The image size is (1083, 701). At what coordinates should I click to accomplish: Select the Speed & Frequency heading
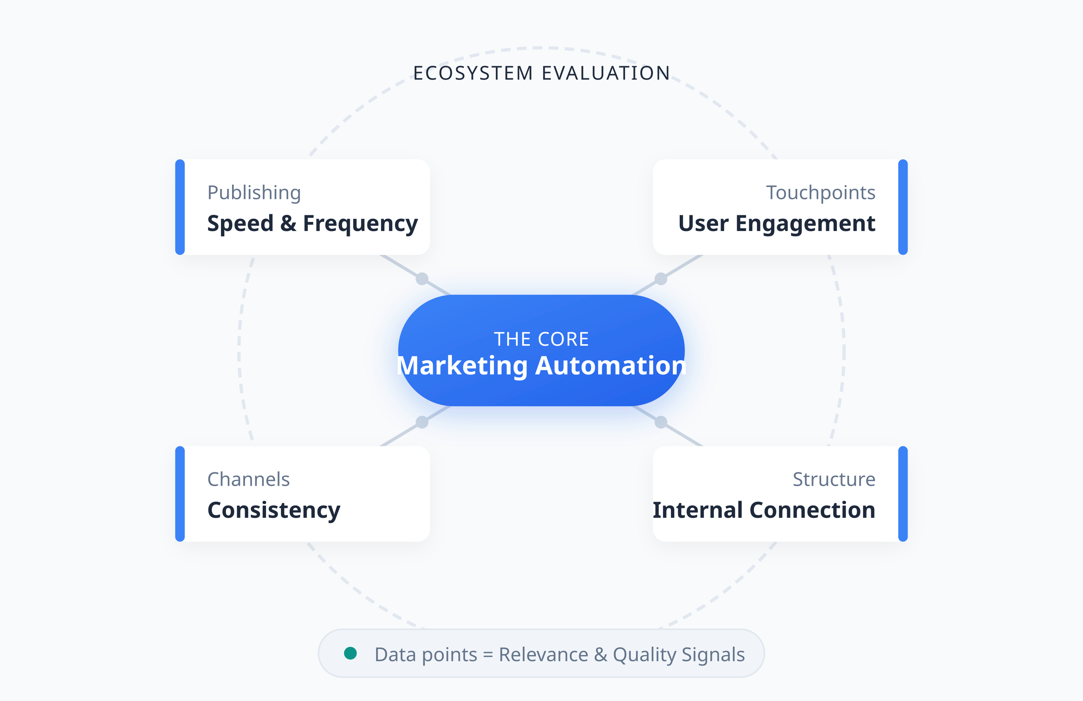click(x=312, y=223)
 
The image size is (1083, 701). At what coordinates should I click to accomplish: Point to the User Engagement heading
click(x=777, y=223)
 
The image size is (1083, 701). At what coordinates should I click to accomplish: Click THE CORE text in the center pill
click(x=541, y=339)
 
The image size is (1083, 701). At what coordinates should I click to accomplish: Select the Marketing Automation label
click(x=541, y=366)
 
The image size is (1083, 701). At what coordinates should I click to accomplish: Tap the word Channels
click(x=248, y=479)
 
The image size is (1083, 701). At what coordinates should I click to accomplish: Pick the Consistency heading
click(x=274, y=510)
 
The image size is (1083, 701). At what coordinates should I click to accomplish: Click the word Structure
click(x=834, y=479)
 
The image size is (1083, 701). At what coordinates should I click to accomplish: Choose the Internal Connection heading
click(x=764, y=510)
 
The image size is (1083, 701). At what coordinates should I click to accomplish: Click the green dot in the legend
click(x=351, y=653)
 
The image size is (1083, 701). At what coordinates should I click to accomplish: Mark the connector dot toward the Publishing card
click(x=422, y=278)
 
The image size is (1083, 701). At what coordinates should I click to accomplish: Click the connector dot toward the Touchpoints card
click(x=661, y=278)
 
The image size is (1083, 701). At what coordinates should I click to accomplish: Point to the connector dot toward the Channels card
click(x=422, y=423)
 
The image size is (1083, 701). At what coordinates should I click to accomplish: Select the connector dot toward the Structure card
click(x=661, y=423)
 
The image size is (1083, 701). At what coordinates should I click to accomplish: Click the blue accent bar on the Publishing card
click(x=180, y=207)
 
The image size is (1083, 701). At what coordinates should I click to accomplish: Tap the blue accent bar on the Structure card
click(x=903, y=494)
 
